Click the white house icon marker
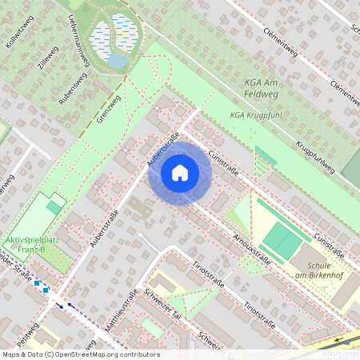click(x=180, y=173)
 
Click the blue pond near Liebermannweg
click(x=118, y=61)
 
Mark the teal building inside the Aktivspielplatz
click(x=54, y=207)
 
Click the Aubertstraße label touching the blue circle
click(x=162, y=150)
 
